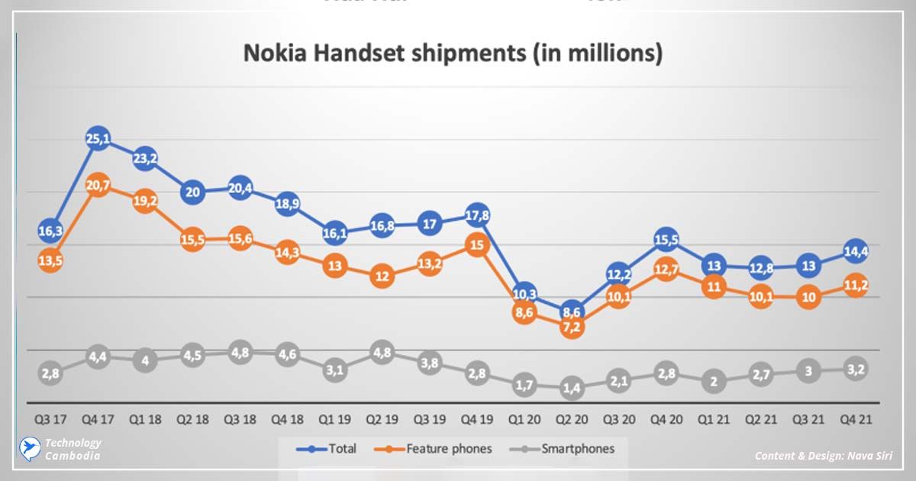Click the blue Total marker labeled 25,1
97,139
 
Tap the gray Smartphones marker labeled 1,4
571,388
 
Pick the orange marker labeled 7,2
571,327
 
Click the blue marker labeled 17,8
476,216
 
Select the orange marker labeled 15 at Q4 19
476,245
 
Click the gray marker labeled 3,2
856,370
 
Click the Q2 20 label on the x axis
571,418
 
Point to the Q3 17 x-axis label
50,418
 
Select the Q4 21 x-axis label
856,418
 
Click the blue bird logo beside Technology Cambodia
29,448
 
